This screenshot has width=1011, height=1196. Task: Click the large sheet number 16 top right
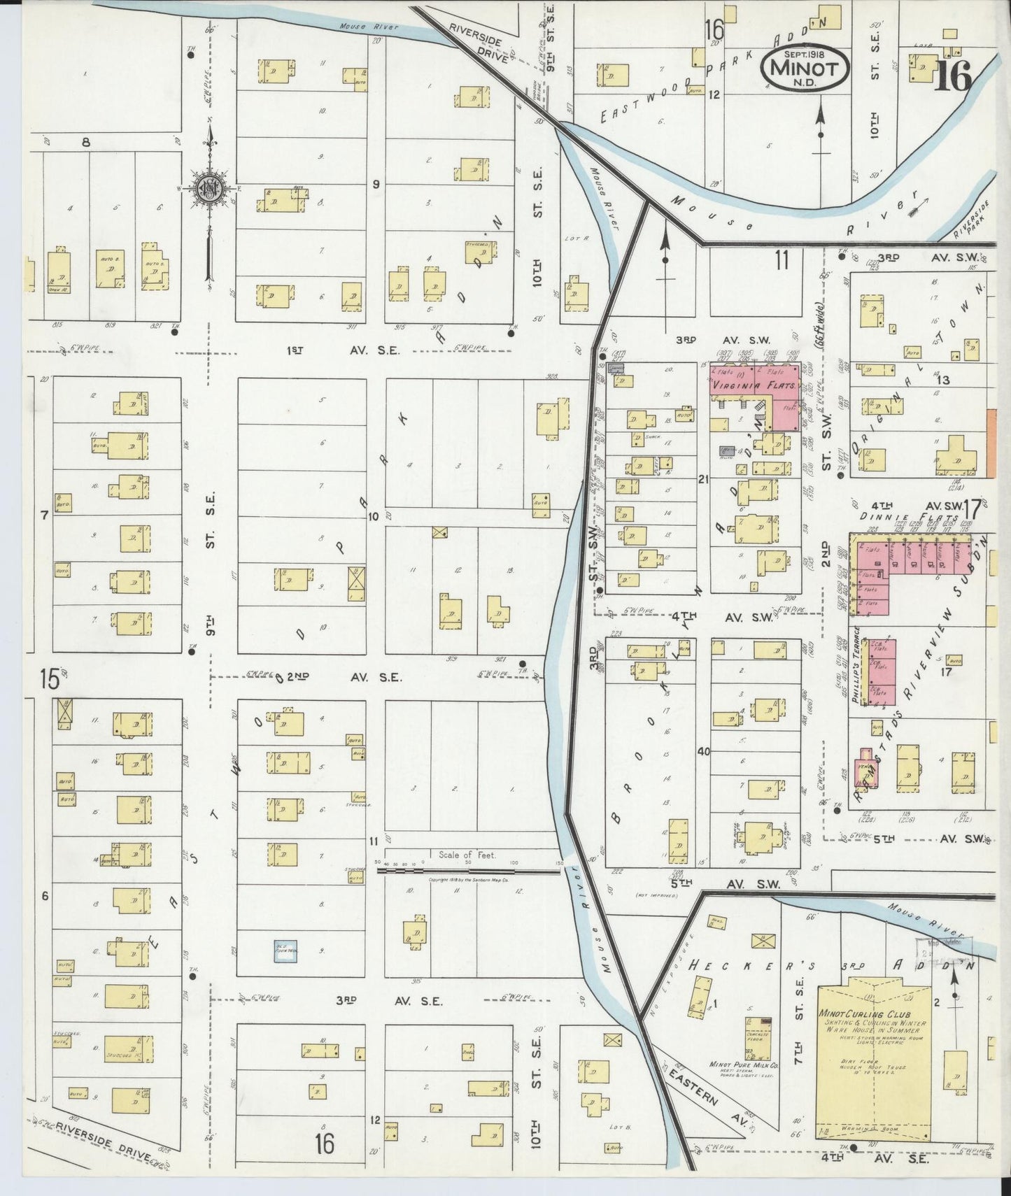[954, 77]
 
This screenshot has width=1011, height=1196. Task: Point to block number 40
[703, 752]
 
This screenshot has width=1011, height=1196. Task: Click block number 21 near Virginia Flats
[703, 479]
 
